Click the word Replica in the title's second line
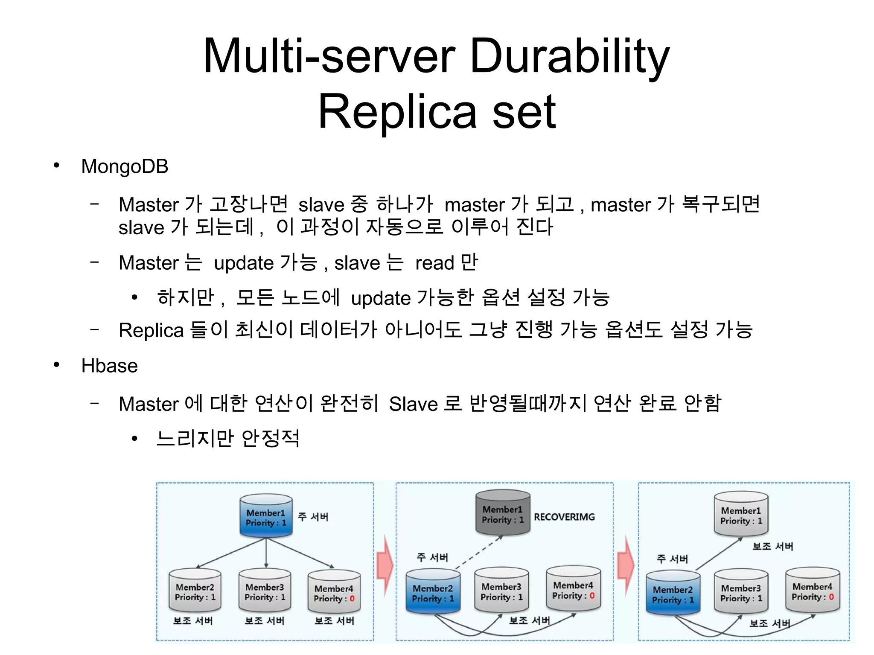397,112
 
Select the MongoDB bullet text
125,166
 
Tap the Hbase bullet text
109,366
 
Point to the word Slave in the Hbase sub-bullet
413,404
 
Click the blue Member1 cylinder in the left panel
266,516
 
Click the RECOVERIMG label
564,517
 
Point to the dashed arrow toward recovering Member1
479,553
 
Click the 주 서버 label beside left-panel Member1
313,517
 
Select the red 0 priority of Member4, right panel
831,597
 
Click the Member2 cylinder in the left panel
195,591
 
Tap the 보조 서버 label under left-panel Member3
264,621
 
